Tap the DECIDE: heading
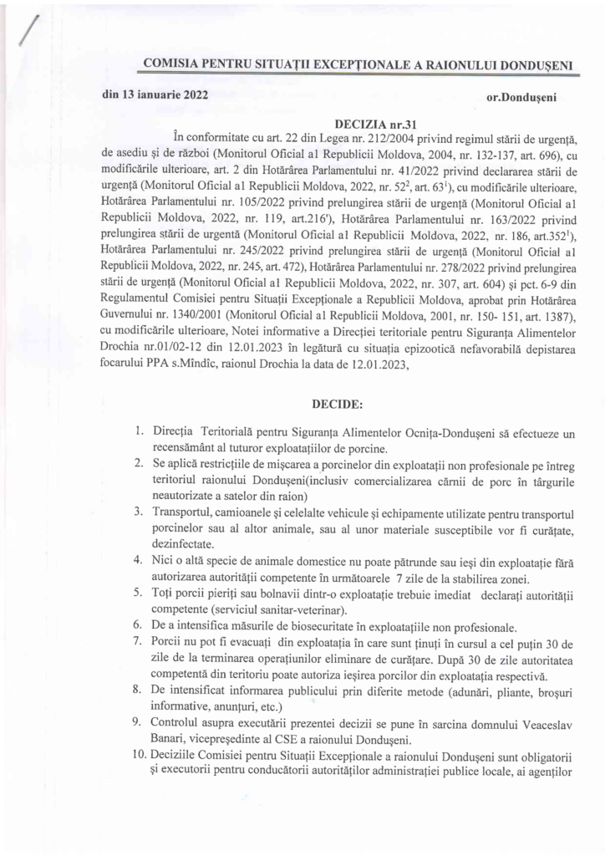tap(337, 405)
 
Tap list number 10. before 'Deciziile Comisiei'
tap(137, 757)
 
